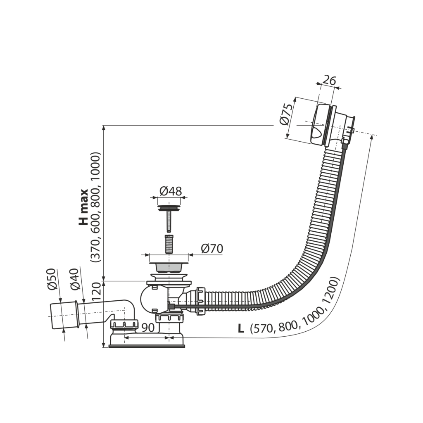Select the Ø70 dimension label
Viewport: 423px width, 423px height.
point(212,249)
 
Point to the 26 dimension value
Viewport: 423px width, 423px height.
point(329,80)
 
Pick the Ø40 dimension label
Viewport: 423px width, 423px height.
point(74,279)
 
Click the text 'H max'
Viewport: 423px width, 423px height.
point(84,207)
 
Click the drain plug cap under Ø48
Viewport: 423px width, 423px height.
point(170,204)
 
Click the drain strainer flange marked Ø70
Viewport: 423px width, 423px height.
point(169,259)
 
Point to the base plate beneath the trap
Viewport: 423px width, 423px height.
point(146,345)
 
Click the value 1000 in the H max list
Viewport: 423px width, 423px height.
point(96,166)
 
